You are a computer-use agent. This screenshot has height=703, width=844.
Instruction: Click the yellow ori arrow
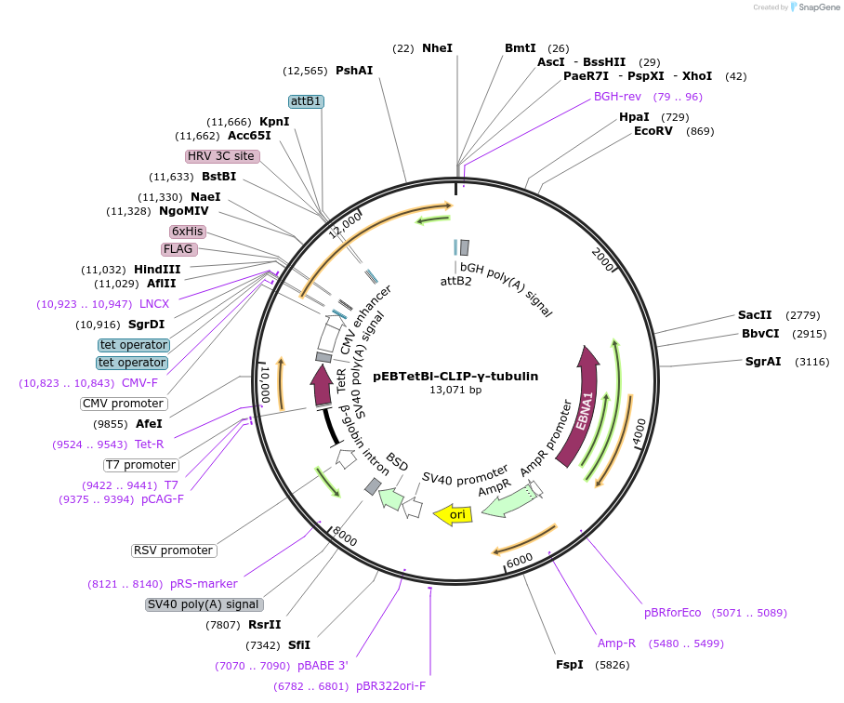[453, 514]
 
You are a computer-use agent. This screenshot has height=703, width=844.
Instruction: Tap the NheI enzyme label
[437, 47]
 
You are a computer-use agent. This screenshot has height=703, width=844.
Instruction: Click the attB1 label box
[306, 101]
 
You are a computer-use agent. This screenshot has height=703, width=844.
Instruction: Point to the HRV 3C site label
[222, 156]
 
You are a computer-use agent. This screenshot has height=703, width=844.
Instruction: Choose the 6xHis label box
[187, 232]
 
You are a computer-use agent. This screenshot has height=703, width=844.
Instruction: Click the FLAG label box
[178, 249]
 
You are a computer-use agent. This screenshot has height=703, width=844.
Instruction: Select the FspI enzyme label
[569, 665]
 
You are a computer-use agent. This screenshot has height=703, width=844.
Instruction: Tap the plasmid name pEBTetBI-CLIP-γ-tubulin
[455, 377]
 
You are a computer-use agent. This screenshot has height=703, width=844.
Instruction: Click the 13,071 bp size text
[455, 391]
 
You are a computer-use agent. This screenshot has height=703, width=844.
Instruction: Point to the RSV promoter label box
[174, 550]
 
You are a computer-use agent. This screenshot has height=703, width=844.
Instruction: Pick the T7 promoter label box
[140, 465]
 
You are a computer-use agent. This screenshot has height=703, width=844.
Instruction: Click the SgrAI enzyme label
[762, 362]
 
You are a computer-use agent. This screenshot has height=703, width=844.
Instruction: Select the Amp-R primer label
[616, 643]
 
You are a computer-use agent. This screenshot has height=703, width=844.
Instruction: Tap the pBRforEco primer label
[673, 613]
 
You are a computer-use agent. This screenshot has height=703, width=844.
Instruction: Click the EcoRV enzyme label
[653, 131]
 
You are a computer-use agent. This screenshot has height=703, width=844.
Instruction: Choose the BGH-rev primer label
[617, 97]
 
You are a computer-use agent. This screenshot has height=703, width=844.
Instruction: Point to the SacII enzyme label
[755, 315]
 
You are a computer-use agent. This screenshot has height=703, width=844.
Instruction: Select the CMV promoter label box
[124, 404]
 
